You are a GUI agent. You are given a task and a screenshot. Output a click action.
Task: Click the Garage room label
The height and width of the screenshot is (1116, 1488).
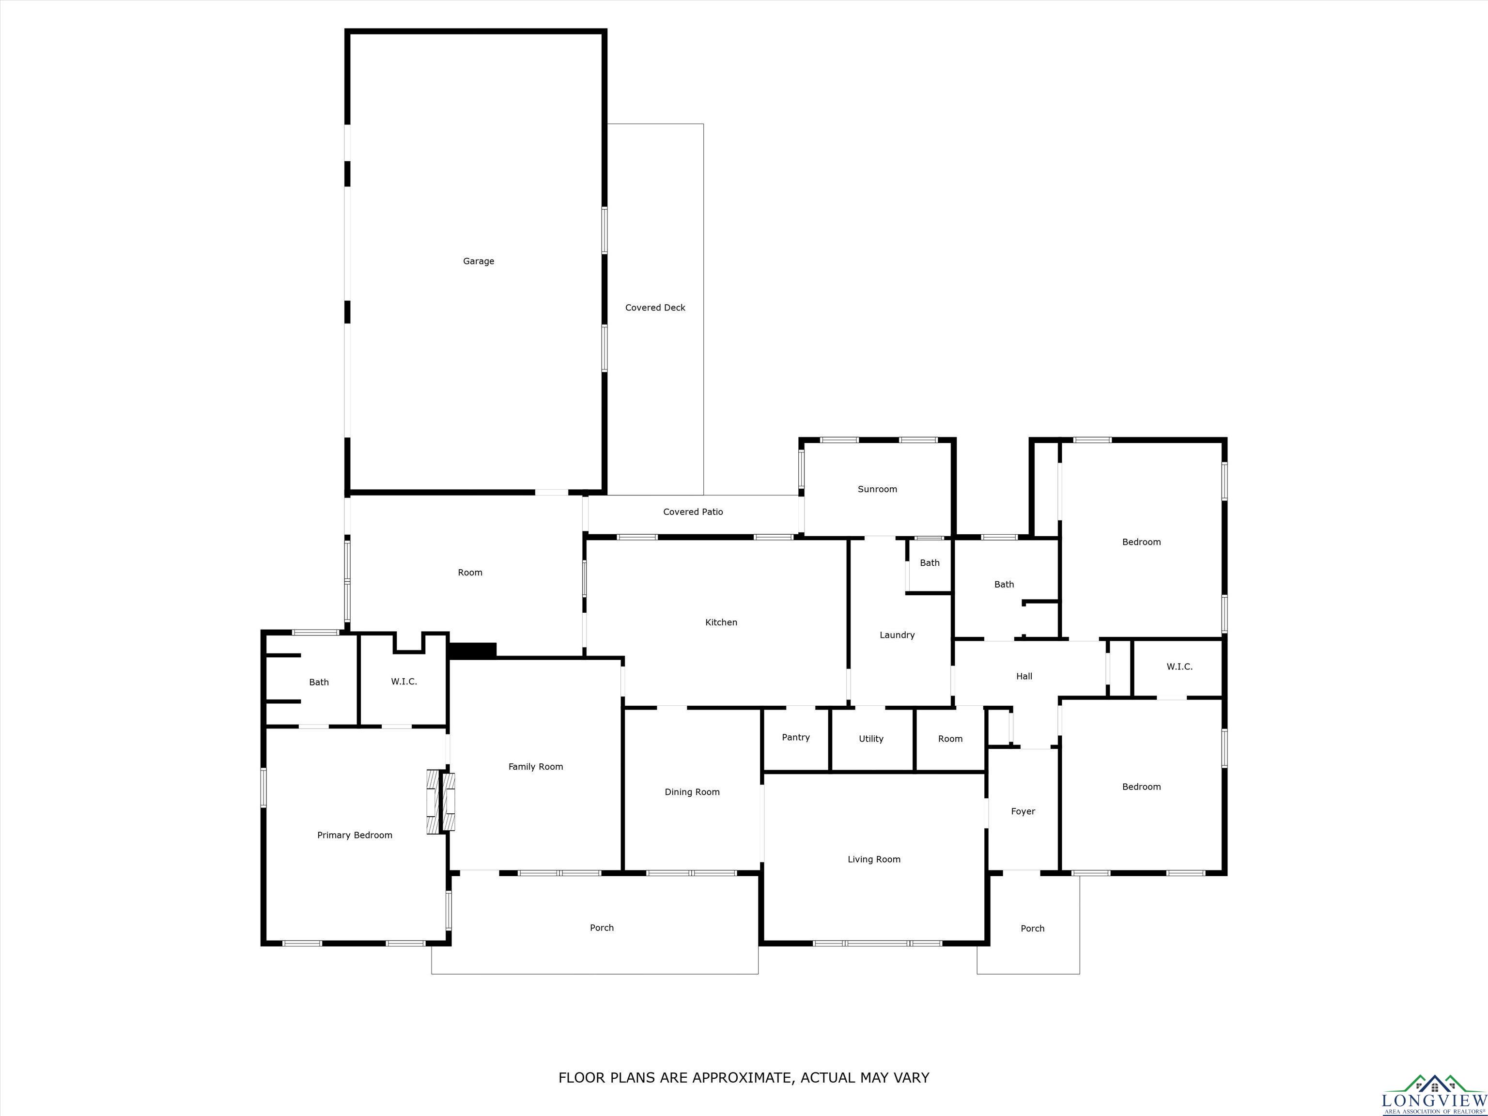[478, 261]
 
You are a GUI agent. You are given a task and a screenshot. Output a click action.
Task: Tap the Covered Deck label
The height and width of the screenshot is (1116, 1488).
[655, 308]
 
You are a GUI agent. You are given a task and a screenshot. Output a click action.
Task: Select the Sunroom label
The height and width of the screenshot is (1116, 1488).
[877, 489]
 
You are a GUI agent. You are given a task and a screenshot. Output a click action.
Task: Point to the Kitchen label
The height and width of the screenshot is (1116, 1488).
[721, 622]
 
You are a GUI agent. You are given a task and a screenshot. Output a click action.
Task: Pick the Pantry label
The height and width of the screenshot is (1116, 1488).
[796, 737]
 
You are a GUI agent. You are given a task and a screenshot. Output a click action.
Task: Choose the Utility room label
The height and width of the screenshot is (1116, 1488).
[871, 739]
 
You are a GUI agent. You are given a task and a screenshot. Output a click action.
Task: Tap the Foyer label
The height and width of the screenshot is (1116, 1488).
[1023, 811]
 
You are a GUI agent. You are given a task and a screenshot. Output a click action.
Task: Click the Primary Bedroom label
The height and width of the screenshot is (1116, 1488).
[355, 835]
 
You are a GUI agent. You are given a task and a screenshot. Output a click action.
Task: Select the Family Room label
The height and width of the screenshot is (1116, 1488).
[535, 766]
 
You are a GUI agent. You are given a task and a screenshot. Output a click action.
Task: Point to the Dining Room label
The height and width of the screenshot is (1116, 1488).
[692, 792]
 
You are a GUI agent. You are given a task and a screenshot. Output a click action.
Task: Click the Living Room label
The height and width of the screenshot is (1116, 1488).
[874, 859]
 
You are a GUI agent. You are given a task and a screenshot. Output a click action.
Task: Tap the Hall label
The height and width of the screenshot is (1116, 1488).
[1024, 676]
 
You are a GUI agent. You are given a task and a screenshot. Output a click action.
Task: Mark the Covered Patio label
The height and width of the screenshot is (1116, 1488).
[693, 512]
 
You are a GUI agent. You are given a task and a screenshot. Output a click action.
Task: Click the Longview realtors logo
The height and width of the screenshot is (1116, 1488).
[1434, 1093]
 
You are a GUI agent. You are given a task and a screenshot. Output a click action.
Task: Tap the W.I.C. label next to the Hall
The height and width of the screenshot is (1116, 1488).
[1179, 666]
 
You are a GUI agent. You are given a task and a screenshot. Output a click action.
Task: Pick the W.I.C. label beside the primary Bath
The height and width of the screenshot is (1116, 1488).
[403, 682]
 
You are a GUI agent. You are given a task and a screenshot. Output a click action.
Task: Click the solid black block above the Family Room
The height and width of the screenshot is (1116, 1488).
[472, 651]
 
